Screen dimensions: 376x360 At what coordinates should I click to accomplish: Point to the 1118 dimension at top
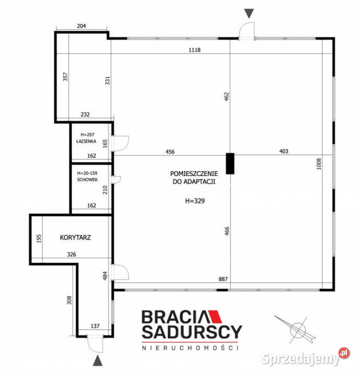(195, 50)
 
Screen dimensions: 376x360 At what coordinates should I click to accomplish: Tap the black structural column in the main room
(230, 163)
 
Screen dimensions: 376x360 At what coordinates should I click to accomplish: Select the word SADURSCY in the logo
(192, 332)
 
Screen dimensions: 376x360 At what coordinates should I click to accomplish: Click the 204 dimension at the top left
(81, 25)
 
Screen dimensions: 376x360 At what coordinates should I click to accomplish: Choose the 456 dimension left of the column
(170, 151)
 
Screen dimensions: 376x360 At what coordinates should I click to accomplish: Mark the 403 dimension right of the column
(283, 151)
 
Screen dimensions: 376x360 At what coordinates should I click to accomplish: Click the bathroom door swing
(121, 142)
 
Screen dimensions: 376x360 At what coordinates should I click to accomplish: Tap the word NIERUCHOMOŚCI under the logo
(190, 347)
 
